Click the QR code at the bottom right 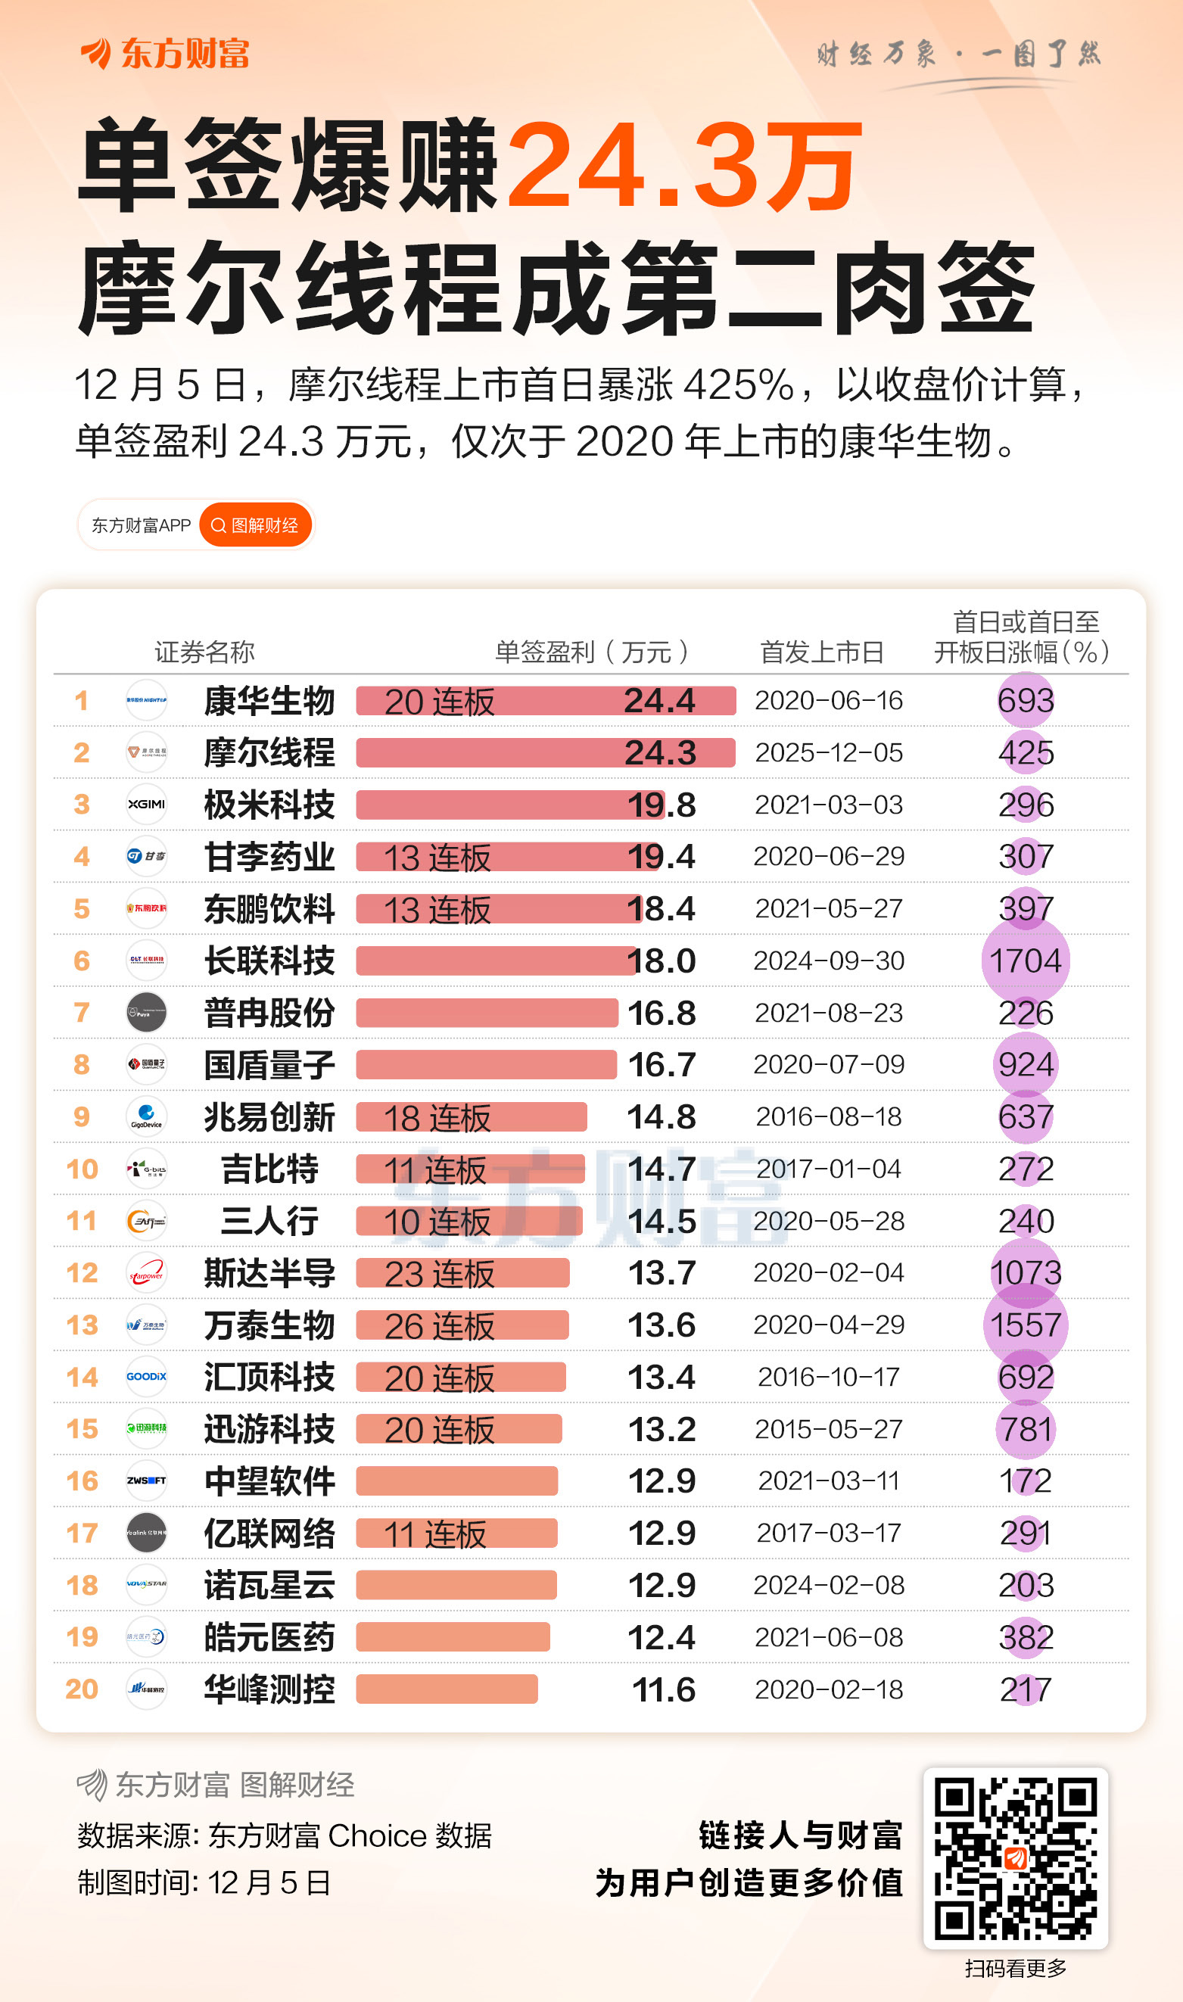(x=1015, y=1857)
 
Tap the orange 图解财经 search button (x=255, y=525)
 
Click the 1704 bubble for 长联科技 (x=1025, y=961)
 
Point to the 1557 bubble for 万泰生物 (x=1025, y=1325)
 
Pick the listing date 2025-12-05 (x=828, y=752)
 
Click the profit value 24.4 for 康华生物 (x=659, y=701)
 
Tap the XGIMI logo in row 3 (x=147, y=804)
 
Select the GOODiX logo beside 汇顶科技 (x=147, y=1376)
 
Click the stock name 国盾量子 (x=269, y=1065)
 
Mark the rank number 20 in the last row (x=81, y=1689)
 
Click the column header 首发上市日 (x=821, y=652)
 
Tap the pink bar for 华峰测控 (x=447, y=1689)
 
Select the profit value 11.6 (x=663, y=1689)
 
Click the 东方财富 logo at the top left (x=166, y=54)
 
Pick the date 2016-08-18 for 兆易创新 (x=828, y=1116)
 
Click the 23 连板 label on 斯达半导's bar (x=439, y=1274)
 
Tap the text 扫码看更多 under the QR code (x=1015, y=1968)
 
